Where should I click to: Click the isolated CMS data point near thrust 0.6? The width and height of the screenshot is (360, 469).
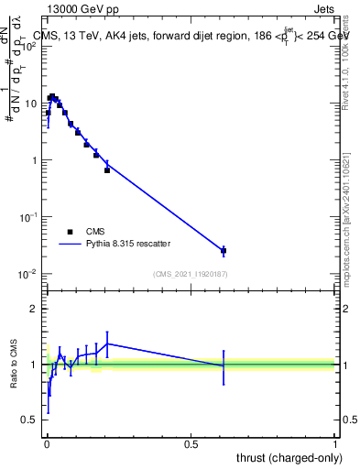point(224,250)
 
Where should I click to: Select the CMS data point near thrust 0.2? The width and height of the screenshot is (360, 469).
point(107,170)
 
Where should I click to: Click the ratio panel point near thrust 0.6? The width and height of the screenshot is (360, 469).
point(224,365)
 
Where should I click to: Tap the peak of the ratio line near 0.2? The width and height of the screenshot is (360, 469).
point(107,344)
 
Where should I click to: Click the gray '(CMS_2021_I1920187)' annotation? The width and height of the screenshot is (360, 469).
point(190,273)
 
